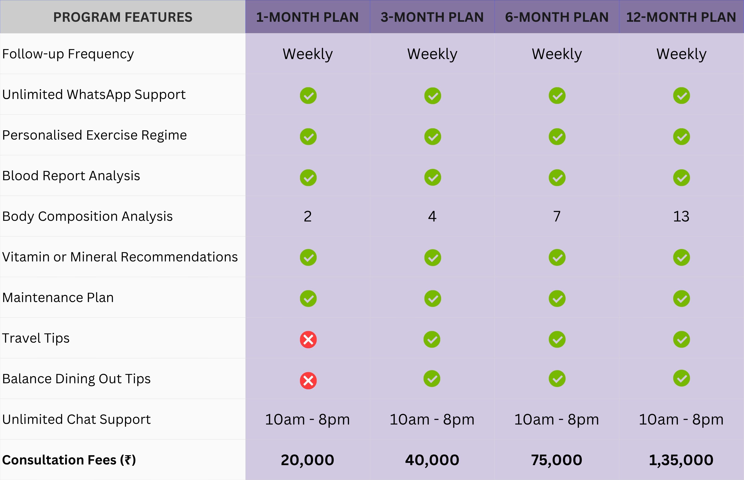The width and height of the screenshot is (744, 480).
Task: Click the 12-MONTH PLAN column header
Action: coord(681,17)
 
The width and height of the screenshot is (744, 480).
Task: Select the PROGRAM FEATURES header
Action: coord(123,17)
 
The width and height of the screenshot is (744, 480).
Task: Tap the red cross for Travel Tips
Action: coord(308,340)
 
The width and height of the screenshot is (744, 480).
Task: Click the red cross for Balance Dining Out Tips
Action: coord(308,380)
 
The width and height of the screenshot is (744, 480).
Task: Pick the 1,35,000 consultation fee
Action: coord(681,460)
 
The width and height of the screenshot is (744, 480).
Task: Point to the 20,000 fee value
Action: coord(308,460)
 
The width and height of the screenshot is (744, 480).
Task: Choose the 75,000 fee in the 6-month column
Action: coord(557,460)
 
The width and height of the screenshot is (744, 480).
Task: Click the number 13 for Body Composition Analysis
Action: coord(681,216)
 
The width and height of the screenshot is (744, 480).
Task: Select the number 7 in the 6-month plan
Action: coord(557,216)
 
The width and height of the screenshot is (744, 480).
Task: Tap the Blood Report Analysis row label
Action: coord(71,176)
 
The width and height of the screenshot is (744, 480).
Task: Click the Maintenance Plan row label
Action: coord(58,298)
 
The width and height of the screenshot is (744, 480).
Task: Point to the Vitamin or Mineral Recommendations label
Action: coord(120,257)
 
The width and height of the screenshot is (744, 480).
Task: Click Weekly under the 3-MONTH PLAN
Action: coord(432,54)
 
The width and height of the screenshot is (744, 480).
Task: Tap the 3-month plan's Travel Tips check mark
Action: coord(432,340)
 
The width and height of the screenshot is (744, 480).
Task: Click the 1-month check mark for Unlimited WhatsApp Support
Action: coord(308,96)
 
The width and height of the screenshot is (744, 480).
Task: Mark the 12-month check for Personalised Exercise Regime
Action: coord(681,136)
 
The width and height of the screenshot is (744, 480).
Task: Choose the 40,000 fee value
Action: coord(432,460)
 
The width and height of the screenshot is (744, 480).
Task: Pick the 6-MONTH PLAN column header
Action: coord(557,17)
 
